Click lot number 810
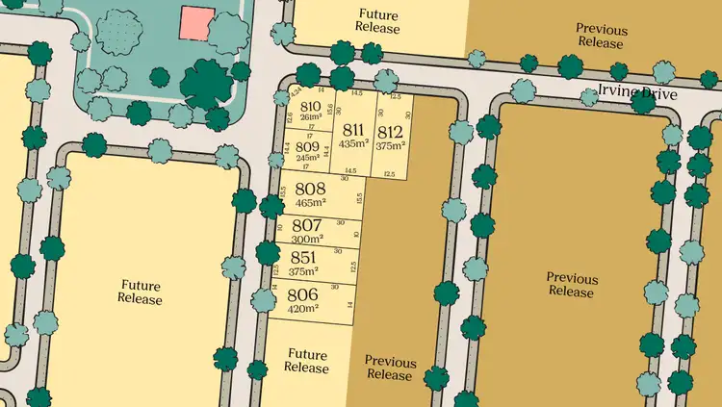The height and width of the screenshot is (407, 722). pyautogui.click(x=310, y=107)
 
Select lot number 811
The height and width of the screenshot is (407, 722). pyautogui.click(x=353, y=130)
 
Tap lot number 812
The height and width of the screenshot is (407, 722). pyautogui.click(x=390, y=132)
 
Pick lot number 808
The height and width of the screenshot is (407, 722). pyautogui.click(x=310, y=190)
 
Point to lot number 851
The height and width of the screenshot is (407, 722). pyautogui.click(x=303, y=258)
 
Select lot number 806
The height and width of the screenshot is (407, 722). pyautogui.click(x=303, y=295)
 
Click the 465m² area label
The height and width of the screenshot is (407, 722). pyautogui.click(x=310, y=204)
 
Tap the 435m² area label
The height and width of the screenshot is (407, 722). pyautogui.click(x=353, y=144)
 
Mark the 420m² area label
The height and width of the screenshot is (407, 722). pyautogui.click(x=303, y=310)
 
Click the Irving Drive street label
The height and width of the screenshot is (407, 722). pyautogui.click(x=638, y=94)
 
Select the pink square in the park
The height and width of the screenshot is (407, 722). pyautogui.click(x=197, y=23)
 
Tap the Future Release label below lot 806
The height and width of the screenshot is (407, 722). pyautogui.click(x=307, y=361)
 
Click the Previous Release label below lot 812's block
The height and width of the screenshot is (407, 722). pyautogui.click(x=391, y=369)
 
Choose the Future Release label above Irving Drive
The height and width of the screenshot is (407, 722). pyautogui.click(x=377, y=21)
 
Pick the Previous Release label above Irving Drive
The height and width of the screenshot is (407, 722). pyautogui.click(x=601, y=37)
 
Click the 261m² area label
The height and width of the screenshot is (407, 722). pyautogui.click(x=310, y=118)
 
